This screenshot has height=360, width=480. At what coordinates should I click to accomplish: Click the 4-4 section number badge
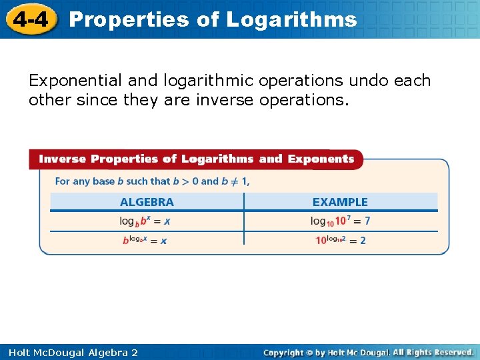(x=31, y=19)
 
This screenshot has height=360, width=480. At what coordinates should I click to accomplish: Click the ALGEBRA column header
(x=147, y=202)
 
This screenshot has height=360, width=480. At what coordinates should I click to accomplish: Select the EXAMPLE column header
(x=340, y=202)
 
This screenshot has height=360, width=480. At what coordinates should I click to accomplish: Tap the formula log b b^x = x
(x=145, y=221)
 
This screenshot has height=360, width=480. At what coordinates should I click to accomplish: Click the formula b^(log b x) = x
(x=145, y=240)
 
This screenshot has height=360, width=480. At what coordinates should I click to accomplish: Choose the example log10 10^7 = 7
(x=340, y=221)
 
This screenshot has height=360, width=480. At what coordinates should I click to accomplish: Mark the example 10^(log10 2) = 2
(x=340, y=240)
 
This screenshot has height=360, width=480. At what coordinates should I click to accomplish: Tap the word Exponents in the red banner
(x=320, y=159)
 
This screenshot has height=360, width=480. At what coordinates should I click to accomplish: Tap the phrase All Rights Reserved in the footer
(x=433, y=352)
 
